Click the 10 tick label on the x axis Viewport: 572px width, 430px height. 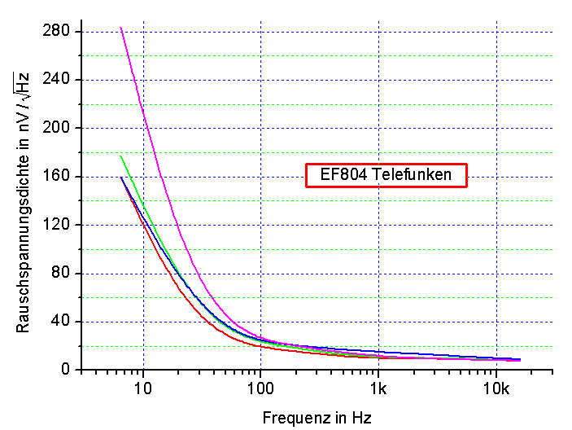coord(143,387)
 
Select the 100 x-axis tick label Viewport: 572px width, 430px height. coord(260,387)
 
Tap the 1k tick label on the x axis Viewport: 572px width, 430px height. coord(378,387)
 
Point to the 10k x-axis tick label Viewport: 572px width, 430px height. coord(496,387)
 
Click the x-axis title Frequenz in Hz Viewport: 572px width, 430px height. coord(317,419)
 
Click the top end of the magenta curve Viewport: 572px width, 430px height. coord(120,28)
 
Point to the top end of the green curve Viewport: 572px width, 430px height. coord(120,156)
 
